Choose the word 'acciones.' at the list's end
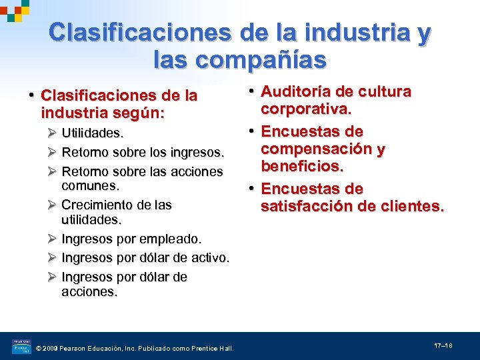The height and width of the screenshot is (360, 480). (89, 291)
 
